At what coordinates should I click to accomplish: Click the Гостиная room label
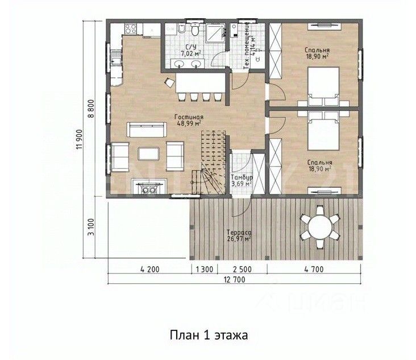[x=189, y=117]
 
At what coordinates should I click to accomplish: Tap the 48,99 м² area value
[x=189, y=123]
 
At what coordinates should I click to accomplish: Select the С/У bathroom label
[x=191, y=47]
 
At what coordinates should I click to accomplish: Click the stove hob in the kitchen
[x=131, y=28]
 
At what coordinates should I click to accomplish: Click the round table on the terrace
[x=320, y=227]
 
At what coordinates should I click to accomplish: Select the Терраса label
[x=239, y=233]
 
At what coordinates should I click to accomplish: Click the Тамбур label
[x=242, y=177]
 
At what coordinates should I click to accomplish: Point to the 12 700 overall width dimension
[x=234, y=280]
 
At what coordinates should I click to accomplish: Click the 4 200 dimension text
[x=150, y=269]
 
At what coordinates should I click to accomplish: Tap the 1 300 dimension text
[x=205, y=269]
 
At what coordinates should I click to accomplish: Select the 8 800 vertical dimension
[x=90, y=109]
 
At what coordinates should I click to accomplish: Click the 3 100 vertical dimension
[x=90, y=227]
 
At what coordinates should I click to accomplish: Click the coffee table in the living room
[x=148, y=154]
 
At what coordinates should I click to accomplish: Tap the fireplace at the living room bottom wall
[x=149, y=187]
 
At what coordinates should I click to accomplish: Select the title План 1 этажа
[x=209, y=335]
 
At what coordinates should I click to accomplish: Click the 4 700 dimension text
[x=314, y=269]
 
